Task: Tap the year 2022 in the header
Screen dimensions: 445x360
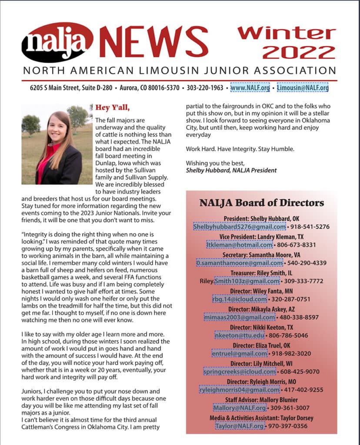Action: click(299, 53)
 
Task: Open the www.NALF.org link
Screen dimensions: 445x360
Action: click(250, 87)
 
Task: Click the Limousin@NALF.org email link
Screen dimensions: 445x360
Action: click(303, 87)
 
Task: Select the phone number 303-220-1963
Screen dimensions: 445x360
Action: click(205, 87)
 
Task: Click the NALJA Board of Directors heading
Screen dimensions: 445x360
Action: click(261, 203)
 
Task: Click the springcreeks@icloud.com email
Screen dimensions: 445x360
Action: click(240, 372)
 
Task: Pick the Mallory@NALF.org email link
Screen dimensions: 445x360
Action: click(240, 408)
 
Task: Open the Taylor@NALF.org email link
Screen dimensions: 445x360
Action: click(240, 426)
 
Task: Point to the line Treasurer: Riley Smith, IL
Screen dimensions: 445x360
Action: click(261, 272)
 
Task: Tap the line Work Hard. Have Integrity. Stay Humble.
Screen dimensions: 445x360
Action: click(240, 149)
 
